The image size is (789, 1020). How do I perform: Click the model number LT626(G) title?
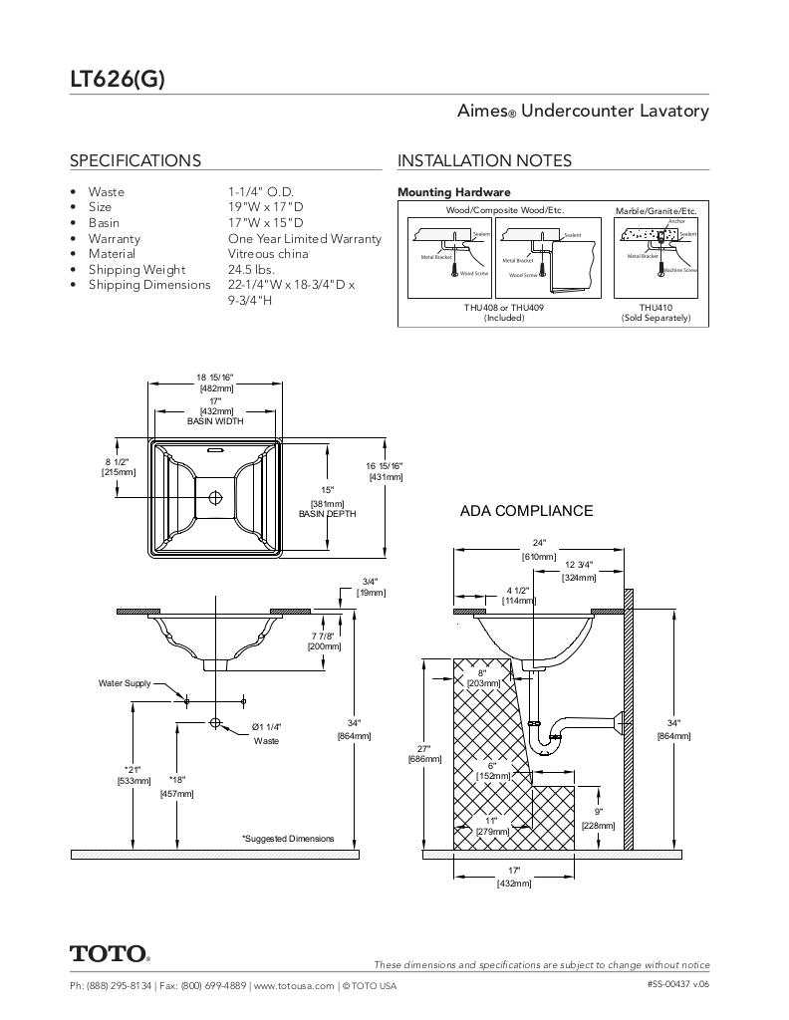[117, 80]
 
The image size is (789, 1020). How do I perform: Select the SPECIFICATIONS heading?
[134, 160]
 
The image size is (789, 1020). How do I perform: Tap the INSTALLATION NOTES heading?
[484, 160]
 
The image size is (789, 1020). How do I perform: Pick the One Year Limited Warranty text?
[304, 238]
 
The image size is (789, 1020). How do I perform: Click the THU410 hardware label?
[656, 308]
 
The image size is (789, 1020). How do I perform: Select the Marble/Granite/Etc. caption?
[656, 210]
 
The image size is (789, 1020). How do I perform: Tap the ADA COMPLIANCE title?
[526, 511]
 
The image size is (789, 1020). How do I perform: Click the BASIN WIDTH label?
[216, 421]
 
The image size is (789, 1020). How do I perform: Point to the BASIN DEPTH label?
[327, 514]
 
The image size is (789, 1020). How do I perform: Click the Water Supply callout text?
[125, 683]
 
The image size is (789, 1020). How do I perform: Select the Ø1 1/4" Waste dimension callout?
[266, 733]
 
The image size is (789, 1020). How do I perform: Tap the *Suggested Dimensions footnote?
[288, 839]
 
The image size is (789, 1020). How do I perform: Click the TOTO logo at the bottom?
[110, 954]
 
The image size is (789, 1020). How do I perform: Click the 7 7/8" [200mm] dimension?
[324, 640]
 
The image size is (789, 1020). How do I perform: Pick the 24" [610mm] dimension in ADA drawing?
[539, 550]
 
